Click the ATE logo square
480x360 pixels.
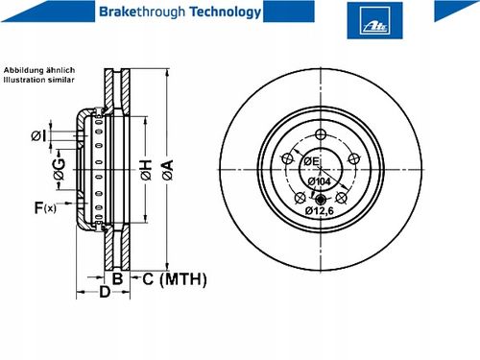(x=374, y=20)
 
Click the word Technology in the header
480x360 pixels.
(x=226, y=12)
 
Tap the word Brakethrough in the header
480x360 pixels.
(x=142, y=12)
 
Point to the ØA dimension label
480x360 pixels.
(x=168, y=170)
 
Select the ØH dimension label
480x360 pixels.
(x=146, y=170)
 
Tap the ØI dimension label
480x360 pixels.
(x=38, y=135)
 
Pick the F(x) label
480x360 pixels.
(x=45, y=207)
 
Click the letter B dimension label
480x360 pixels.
(x=117, y=278)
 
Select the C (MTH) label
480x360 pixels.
(x=175, y=279)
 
